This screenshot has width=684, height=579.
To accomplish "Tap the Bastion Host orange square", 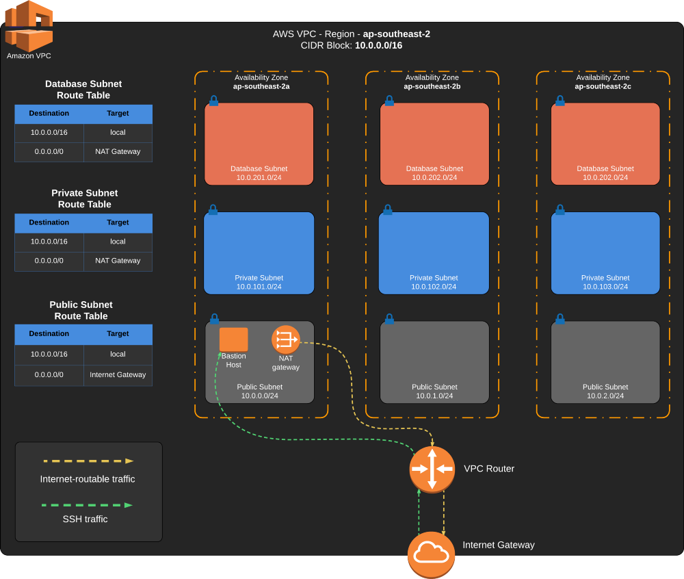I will click(233, 339).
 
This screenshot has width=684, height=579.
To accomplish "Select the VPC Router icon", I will click(432, 469).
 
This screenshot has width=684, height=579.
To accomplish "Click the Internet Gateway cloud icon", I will click(431, 553).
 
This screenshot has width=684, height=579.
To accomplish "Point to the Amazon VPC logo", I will click(29, 26).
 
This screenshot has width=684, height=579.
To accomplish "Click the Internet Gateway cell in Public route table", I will click(118, 374).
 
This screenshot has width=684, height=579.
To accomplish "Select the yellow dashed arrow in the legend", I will click(88, 461).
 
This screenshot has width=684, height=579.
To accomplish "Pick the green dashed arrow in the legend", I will click(88, 505).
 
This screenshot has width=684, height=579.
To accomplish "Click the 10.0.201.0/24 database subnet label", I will click(259, 177).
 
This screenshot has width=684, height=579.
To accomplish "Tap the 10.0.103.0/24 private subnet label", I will click(605, 287).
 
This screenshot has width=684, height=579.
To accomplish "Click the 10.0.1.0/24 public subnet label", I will click(434, 396).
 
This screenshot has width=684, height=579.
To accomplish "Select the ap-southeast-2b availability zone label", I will click(432, 86).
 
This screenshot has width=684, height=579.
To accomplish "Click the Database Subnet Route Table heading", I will click(83, 90).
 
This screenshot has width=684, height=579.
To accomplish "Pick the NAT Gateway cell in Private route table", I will click(118, 261).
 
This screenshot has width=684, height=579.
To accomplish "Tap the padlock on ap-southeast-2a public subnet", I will click(214, 319).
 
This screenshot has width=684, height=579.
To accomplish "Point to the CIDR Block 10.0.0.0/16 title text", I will click(351, 45).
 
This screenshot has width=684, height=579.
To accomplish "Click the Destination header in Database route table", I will click(49, 114).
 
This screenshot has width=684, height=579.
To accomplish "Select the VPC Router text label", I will click(489, 469).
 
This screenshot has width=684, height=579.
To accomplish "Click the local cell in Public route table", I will click(118, 355).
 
